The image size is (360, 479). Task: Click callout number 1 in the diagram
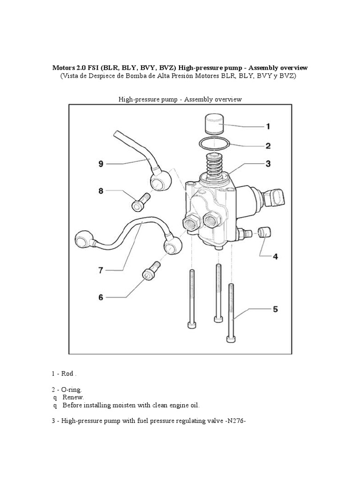point(268,126)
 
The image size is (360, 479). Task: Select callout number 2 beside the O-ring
point(268,146)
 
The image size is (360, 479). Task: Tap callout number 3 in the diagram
point(268,164)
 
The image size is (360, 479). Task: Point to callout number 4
point(275,256)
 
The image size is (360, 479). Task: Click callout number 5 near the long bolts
point(275,309)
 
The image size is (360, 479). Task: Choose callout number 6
point(100,297)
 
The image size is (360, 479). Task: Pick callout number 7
point(100,270)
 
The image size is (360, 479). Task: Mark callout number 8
point(100,191)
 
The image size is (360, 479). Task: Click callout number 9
point(100,164)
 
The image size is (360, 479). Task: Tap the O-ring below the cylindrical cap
point(215,143)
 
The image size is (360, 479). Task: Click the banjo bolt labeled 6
point(151,272)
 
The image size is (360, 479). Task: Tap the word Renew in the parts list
point(73,397)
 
